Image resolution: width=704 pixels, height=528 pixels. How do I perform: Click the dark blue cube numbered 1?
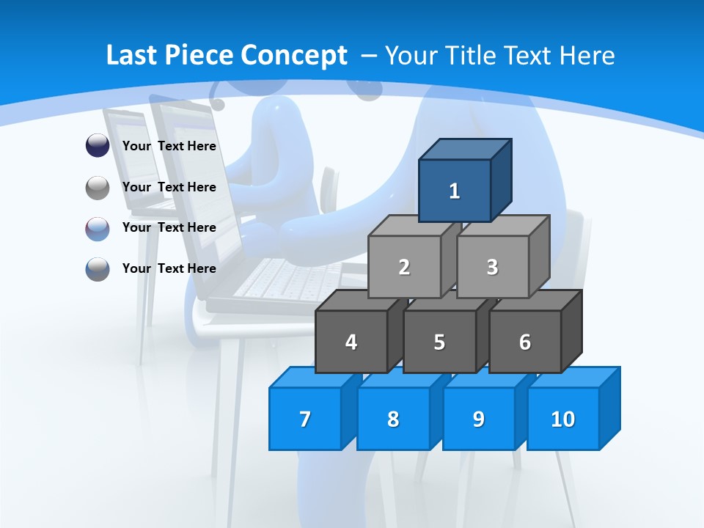[x=455, y=191]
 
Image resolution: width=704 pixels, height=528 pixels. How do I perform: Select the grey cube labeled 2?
[x=404, y=267]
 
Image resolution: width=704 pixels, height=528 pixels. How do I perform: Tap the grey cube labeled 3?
[x=492, y=267]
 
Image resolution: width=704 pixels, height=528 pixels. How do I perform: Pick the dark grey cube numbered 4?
[x=351, y=342]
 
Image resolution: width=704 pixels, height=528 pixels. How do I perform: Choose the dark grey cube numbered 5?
[x=439, y=342]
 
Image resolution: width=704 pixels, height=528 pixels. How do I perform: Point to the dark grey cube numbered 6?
[x=525, y=342]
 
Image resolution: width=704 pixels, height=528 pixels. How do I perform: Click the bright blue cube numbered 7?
[x=305, y=419]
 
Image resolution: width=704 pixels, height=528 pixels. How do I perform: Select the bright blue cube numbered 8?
[x=393, y=419]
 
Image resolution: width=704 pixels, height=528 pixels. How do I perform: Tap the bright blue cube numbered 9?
[x=479, y=419]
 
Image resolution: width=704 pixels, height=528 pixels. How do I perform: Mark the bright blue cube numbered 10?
[x=562, y=419]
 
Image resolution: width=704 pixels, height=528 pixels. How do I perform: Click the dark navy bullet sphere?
[x=98, y=146]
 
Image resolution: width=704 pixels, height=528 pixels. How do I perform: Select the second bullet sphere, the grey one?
[x=98, y=188]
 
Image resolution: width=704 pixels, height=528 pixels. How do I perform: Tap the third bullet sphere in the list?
[x=98, y=229]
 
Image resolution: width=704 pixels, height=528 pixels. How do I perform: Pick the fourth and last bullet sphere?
[x=98, y=269]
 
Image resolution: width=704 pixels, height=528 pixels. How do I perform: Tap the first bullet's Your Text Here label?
[x=169, y=146]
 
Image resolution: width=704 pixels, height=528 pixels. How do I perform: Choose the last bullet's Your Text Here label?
[x=169, y=268]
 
